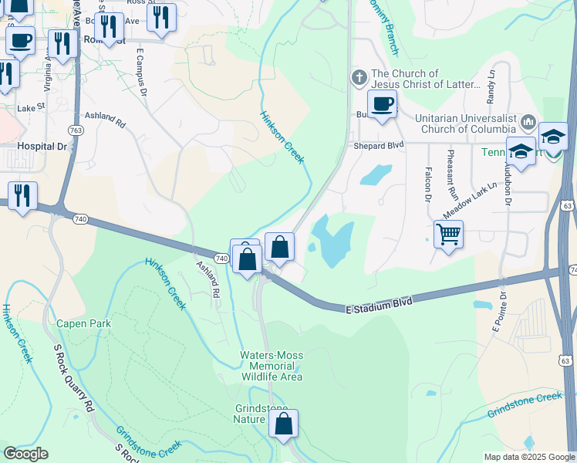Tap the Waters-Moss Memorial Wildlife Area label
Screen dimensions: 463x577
point(270,366)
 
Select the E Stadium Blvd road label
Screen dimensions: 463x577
point(377,303)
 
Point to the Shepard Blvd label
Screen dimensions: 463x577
point(379,144)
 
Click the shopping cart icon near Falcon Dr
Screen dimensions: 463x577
point(448,232)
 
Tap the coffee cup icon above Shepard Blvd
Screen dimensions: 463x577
point(381,103)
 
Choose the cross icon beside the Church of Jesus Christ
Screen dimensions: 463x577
point(358,78)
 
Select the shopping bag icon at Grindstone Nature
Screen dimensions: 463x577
point(283,424)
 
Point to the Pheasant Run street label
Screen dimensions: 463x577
point(448,177)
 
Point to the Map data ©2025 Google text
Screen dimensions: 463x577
point(528,457)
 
